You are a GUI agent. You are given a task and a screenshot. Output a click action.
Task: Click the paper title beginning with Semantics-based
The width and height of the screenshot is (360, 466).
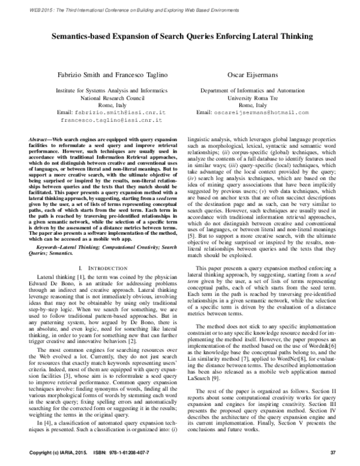click(x=180, y=36)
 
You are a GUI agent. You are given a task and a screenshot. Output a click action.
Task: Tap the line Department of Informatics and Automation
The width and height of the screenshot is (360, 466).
click(x=260, y=89)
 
